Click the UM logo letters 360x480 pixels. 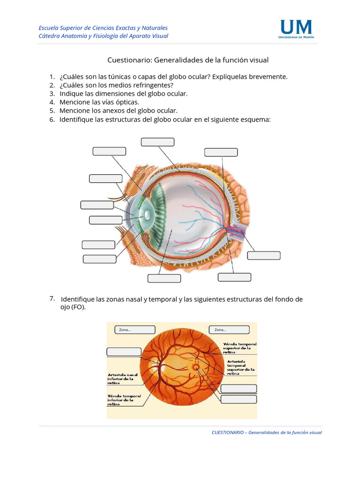295,27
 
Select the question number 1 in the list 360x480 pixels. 52,76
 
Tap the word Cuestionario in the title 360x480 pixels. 129,60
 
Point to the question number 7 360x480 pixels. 52,299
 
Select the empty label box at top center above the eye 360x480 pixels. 157,142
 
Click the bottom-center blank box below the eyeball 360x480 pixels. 164,278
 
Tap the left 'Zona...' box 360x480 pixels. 135,330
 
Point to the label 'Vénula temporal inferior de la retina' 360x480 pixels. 124,400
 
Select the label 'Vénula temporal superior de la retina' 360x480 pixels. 240,348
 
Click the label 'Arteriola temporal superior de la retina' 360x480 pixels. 241,367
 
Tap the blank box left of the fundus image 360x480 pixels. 124,352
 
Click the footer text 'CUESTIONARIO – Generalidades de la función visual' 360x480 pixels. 267,433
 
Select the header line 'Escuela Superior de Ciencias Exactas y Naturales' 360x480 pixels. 103,28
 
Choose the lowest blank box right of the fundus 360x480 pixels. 239,399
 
